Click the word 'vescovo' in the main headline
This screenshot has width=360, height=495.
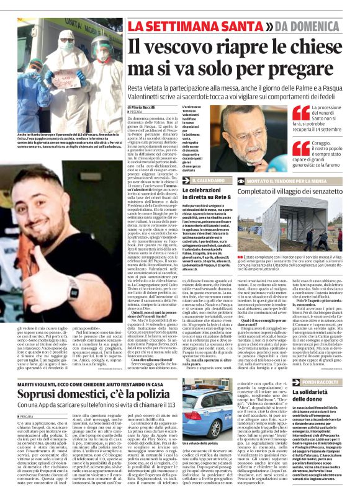click(186, 48)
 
